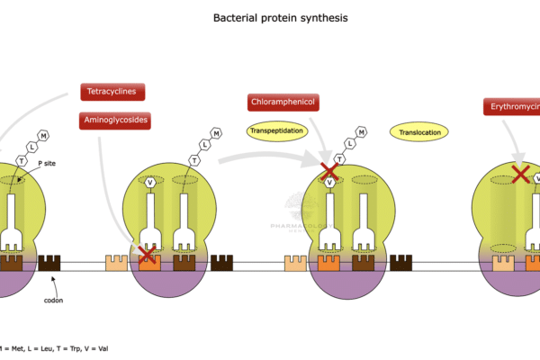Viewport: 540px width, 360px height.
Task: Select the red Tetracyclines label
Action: tap(112, 92)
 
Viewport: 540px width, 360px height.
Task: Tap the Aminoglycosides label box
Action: tap(114, 119)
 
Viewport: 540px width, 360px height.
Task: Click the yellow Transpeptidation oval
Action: tap(277, 132)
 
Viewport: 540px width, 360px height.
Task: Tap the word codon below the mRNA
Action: tap(53, 301)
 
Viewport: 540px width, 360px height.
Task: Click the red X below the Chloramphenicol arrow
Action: tap(330, 170)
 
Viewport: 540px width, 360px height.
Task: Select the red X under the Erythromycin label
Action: tap(520, 174)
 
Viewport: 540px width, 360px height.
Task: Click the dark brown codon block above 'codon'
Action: tap(48, 263)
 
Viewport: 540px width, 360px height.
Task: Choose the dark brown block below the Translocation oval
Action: tap(401, 263)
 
